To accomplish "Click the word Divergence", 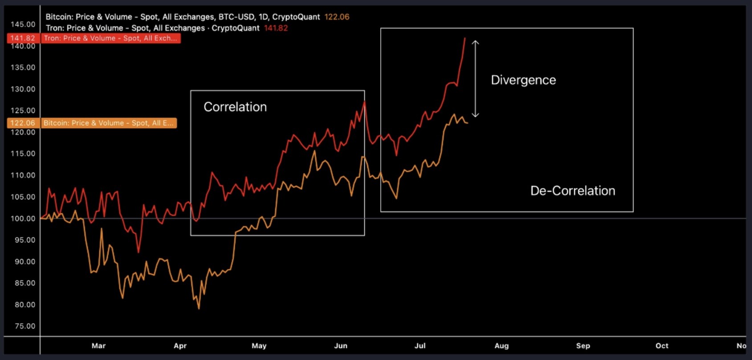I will pyautogui.click(x=523, y=80).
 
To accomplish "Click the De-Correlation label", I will pyautogui.click(x=573, y=191).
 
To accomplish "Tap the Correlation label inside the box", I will pyautogui.click(x=235, y=107).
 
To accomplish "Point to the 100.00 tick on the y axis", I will pyautogui.click(x=23, y=218).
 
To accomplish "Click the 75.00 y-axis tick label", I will pyautogui.click(x=24, y=326).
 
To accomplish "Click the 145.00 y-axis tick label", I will pyautogui.click(x=23, y=24).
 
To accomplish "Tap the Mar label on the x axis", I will pyautogui.click(x=98, y=346).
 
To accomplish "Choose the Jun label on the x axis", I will pyautogui.click(x=341, y=346).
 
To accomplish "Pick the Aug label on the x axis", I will pyautogui.click(x=501, y=346).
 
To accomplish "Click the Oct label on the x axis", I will pyautogui.click(x=662, y=346).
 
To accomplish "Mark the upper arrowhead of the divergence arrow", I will pyautogui.click(x=476, y=42).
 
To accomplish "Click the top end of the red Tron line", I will pyautogui.click(x=465, y=39).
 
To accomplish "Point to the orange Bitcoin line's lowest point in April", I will pyautogui.click(x=199, y=308).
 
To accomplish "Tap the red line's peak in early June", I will pyautogui.click(x=365, y=102).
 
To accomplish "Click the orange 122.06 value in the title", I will pyautogui.click(x=337, y=17).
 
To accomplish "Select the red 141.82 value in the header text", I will pyautogui.click(x=276, y=28).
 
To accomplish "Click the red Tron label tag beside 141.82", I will pyautogui.click(x=110, y=38).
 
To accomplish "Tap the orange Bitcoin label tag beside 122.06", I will pyautogui.click(x=109, y=123).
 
